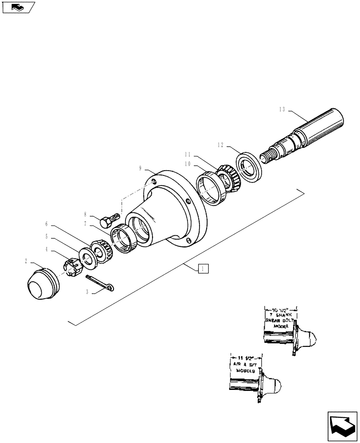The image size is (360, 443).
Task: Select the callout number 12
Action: tap(220, 144)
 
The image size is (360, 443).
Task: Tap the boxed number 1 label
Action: tap(202, 268)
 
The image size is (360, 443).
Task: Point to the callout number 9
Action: tap(140, 168)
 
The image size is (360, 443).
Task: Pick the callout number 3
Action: tap(87, 292)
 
